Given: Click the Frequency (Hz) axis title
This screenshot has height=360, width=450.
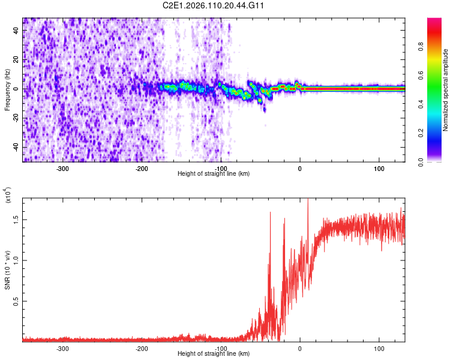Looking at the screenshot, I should click(7, 89).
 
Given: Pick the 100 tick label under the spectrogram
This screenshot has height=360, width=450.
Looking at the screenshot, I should click(379, 169).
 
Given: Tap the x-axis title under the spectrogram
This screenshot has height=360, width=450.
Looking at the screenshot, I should click(214, 174).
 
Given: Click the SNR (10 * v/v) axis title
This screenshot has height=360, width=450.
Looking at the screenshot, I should click(7, 268).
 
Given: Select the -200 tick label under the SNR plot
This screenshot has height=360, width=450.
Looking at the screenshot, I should click(142, 348).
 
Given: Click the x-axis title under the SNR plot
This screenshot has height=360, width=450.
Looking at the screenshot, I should click(214, 354).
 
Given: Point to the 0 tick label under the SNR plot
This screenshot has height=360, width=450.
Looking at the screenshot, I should click(300, 348).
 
